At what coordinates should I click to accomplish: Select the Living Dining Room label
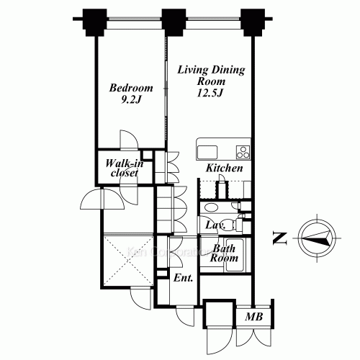click(x=211, y=76)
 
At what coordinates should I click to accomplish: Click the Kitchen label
click(x=224, y=168)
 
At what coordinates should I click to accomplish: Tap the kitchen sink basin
click(x=207, y=152)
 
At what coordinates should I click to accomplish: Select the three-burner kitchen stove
click(x=243, y=152)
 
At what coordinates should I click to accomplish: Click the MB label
click(x=253, y=316)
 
